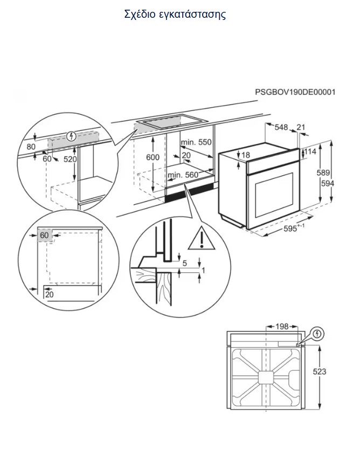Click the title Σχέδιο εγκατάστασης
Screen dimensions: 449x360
(x=175, y=15)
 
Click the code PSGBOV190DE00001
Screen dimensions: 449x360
(x=295, y=92)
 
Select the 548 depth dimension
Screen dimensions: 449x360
(x=281, y=128)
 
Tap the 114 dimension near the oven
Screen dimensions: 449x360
(x=310, y=152)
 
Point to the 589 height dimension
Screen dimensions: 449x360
(x=322, y=173)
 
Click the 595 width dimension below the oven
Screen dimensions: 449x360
(x=292, y=229)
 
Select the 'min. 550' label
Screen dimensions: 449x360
(x=197, y=142)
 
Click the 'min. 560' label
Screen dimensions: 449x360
(x=183, y=175)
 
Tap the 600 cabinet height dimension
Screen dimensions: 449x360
(x=154, y=156)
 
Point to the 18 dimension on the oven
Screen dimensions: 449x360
(x=246, y=155)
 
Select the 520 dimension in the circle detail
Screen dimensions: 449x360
(x=70, y=160)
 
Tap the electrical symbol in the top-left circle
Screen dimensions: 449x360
(x=70, y=136)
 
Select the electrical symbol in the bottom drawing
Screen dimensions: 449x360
(x=317, y=334)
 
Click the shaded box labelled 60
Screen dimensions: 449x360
(x=44, y=236)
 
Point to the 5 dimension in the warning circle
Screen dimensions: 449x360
(x=185, y=264)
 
